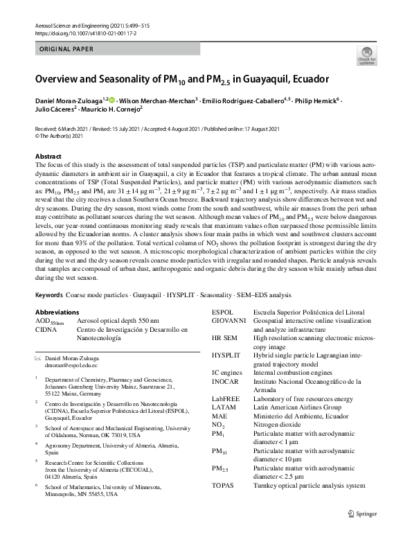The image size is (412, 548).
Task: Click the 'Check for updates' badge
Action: (x=364, y=55)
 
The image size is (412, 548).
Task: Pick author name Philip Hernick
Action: (x=318, y=102)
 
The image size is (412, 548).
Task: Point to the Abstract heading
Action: (x=48, y=157)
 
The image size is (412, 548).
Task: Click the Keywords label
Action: (x=49, y=295)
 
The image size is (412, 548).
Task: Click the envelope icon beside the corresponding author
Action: (x=38, y=357)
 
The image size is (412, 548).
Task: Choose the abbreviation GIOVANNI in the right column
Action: (x=229, y=321)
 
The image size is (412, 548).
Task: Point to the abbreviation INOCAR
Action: (x=226, y=381)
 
